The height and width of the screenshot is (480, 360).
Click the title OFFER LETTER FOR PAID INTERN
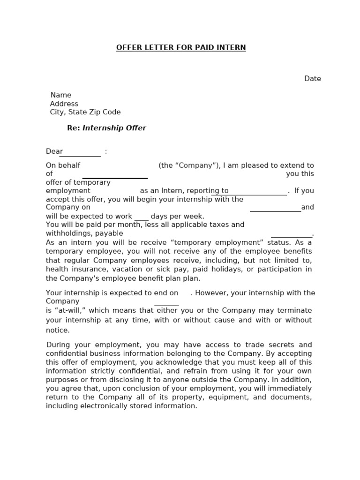pyautogui.click(x=181, y=48)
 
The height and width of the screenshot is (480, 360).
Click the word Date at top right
pyautogui.click(x=312, y=79)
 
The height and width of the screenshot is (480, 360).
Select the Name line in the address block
pyautogui.click(x=61, y=95)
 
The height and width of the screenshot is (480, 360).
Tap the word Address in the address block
pyautogui.click(x=64, y=104)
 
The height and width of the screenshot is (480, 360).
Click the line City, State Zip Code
pyautogui.click(x=85, y=112)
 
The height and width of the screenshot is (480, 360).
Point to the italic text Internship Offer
pyautogui.click(x=114, y=128)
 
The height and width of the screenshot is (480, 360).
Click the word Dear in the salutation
pyautogui.click(x=54, y=151)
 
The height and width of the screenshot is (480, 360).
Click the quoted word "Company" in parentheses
pyautogui.click(x=190, y=165)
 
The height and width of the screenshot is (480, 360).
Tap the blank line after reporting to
pyautogui.click(x=248, y=194)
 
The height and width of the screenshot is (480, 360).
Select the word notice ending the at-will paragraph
pyautogui.click(x=57, y=330)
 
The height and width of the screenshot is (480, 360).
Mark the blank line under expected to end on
pyautogui.click(x=167, y=305)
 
